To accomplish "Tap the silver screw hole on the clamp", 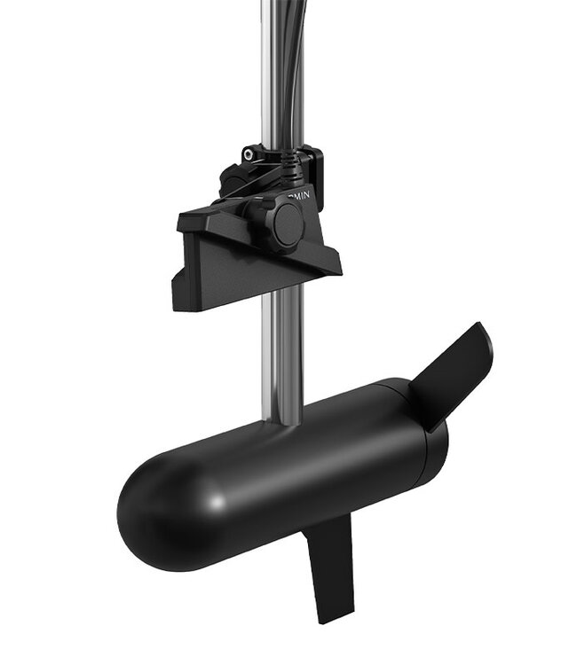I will (251, 154).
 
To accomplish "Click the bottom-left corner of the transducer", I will (176, 306).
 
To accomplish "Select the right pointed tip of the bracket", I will (340, 266).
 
